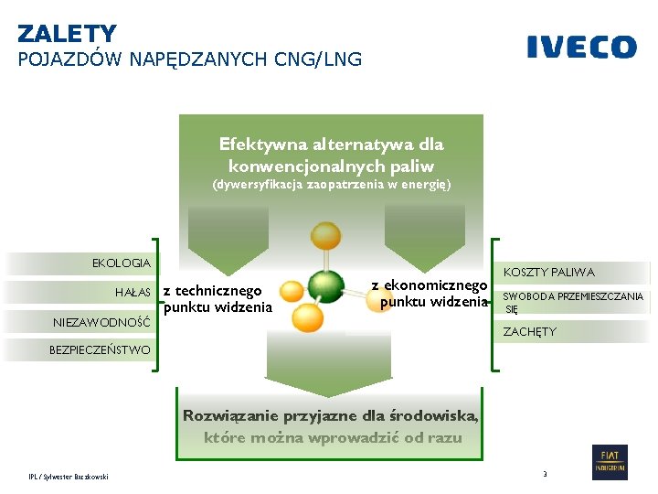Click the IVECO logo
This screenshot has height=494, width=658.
581,48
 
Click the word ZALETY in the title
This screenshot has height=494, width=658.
67,34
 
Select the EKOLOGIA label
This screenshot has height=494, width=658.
122,263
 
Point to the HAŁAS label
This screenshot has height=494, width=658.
133,292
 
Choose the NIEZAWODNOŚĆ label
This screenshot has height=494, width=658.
101,322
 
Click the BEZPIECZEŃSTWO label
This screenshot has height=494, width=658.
100,349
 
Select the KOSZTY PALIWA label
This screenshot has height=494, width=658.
548,272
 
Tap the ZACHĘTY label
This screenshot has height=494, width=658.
529,331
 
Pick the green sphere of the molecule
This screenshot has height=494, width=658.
325,285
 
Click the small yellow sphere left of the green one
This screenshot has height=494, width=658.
291,292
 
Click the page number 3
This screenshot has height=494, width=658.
545,474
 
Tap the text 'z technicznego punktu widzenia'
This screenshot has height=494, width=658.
217,299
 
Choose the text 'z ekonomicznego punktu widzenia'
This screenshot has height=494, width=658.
430,294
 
